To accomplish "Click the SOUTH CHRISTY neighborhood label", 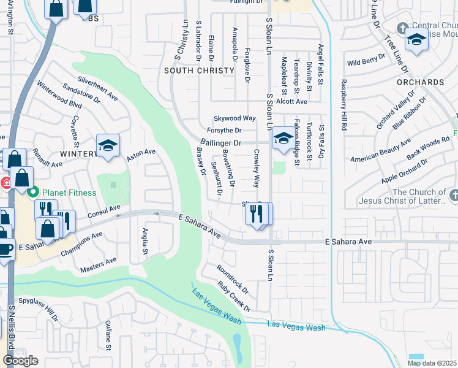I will click(199, 71).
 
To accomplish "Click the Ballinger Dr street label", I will click(222, 143).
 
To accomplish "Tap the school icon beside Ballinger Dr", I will click(283, 138).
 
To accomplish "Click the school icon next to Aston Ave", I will click(108, 145).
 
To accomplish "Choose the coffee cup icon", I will click(6, 250).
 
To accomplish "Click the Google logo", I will click(20, 361).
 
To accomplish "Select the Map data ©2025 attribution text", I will click(432, 363).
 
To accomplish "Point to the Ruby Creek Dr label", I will click(235, 296).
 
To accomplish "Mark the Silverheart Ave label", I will click(97, 88).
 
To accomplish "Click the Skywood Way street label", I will click(234, 118).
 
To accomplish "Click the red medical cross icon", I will click(4, 182).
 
